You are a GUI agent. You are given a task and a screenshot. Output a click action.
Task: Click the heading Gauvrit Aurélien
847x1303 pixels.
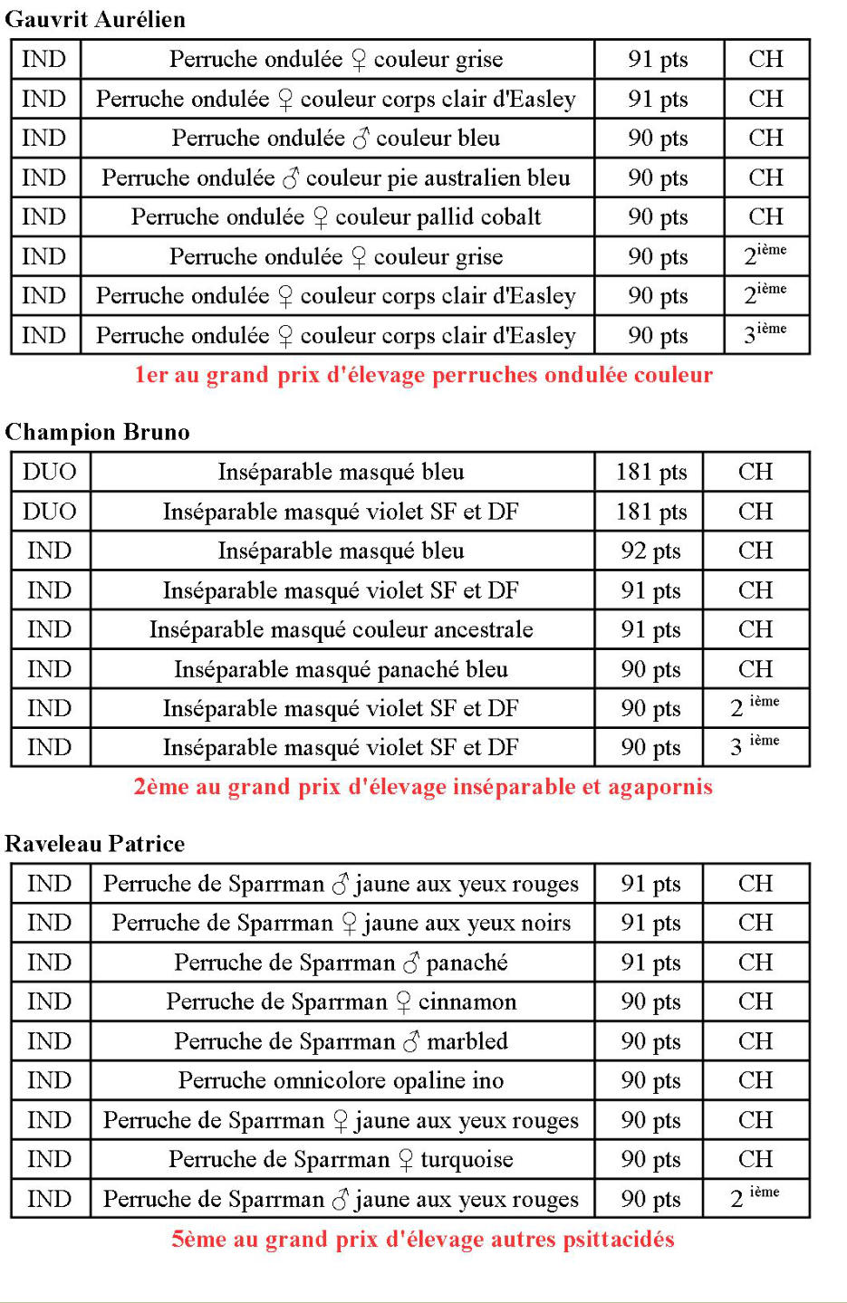(95, 19)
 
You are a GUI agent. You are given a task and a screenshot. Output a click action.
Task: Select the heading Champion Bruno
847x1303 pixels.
(98, 432)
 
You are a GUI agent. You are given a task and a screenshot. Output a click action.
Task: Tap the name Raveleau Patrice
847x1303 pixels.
(95, 844)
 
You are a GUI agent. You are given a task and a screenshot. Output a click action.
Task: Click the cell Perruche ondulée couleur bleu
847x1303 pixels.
(336, 139)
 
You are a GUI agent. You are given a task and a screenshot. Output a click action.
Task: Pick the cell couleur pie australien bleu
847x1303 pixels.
(336, 178)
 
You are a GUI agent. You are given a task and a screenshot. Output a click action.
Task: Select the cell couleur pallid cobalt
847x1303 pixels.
(336, 217)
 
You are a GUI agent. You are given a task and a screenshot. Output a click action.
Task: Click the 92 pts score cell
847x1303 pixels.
(650, 551)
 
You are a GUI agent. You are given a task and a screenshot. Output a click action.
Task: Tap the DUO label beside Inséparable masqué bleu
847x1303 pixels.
(50, 472)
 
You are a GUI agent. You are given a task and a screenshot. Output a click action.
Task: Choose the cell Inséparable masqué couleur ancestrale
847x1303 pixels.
(341, 629)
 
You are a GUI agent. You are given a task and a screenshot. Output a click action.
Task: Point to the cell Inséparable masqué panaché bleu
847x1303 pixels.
(341, 669)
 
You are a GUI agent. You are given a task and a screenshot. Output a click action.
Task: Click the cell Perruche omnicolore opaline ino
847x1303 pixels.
(341, 1080)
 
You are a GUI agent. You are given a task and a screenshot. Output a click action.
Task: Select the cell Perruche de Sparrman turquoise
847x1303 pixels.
(341, 1159)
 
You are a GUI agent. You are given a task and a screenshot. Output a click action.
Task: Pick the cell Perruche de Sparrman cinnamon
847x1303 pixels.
(341, 1001)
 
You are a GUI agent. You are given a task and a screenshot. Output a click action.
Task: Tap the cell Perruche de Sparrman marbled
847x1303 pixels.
(341, 1041)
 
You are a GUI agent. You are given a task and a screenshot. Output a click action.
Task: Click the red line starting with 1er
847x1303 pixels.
(423, 375)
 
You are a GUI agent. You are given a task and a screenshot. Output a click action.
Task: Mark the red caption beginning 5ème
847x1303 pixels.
(423, 1239)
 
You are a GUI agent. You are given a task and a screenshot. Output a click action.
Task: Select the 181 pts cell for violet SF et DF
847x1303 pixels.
(650, 512)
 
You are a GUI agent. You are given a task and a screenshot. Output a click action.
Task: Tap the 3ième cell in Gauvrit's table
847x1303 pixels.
(765, 334)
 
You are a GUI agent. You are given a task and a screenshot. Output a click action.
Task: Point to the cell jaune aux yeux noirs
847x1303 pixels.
(341, 923)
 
